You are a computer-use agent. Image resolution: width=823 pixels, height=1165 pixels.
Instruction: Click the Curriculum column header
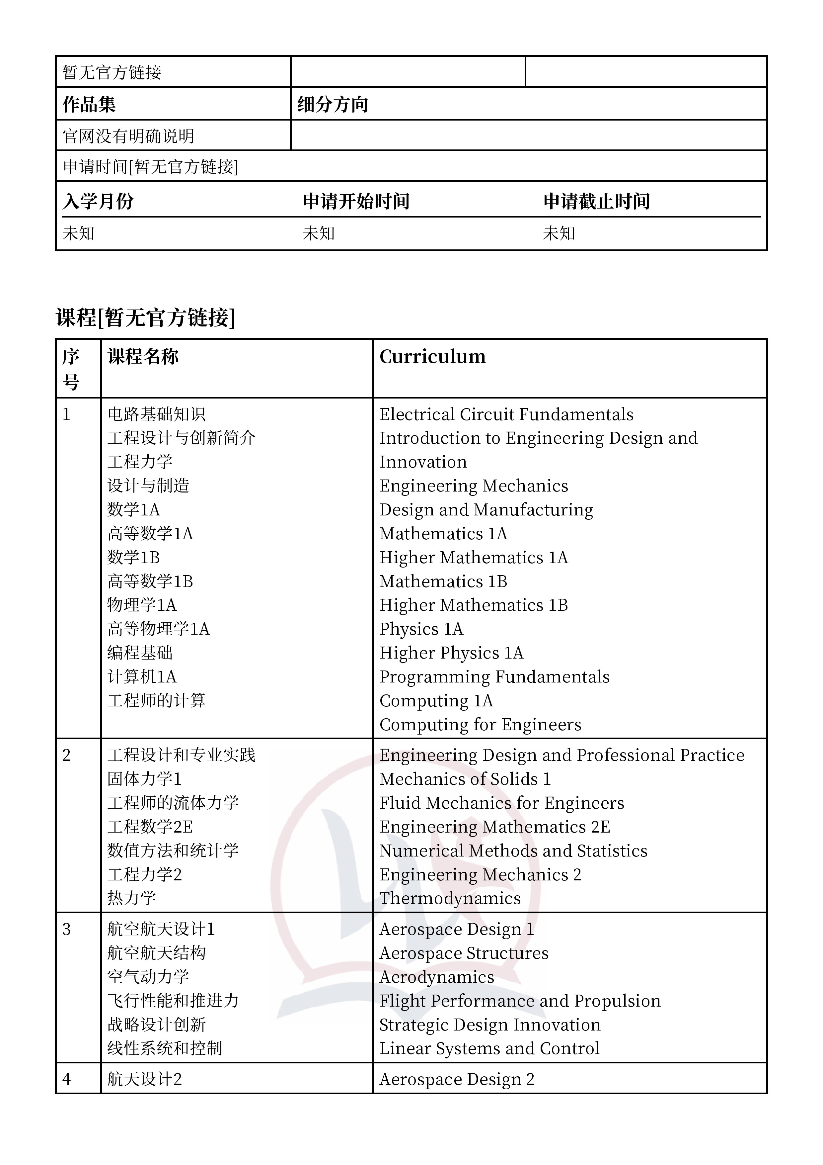point(432,357)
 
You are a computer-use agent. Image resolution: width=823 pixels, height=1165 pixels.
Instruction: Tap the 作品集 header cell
point(89,105)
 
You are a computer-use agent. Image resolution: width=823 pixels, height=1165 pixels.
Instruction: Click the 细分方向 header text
point(333,105)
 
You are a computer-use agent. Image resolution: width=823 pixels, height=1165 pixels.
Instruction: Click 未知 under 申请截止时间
point(559,233)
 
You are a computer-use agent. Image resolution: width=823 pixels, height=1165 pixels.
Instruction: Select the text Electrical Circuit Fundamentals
point(506,414)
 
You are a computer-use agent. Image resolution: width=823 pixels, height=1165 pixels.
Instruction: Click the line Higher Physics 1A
point(451,653)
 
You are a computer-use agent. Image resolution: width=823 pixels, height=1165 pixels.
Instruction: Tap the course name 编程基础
point(140,653)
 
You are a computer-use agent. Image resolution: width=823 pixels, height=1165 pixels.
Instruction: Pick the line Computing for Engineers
point(480,725)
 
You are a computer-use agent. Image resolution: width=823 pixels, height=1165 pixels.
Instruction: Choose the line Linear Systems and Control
point(489,1049)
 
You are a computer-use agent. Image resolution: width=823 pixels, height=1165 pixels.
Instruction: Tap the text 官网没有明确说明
point(128,136)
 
